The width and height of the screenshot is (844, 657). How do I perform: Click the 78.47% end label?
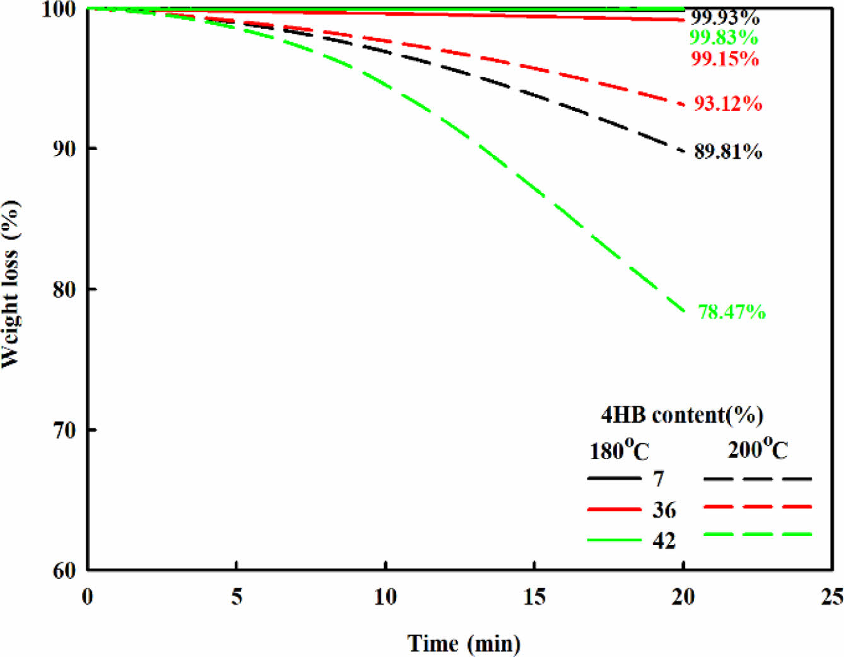coord(731,312)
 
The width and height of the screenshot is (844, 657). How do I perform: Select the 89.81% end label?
coord(728,152)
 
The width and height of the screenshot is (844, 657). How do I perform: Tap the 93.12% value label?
coord(728,103)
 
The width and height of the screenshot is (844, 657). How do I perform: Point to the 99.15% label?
coord(725,59)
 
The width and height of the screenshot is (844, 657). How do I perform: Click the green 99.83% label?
coord(724,38)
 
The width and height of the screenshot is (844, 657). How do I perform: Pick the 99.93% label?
coord(725,18)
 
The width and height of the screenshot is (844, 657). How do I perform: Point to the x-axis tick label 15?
coord(535,597)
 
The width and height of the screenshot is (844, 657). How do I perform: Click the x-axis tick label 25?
coord(832,597)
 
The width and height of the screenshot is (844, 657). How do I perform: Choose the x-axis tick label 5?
coord(236,597)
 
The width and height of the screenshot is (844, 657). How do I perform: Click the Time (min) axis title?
coord(465,643)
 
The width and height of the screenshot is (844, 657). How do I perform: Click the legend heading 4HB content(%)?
coord(682,415)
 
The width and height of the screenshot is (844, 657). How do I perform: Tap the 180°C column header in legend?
coord(619,450)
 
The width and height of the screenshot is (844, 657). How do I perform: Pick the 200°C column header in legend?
coord(758,448)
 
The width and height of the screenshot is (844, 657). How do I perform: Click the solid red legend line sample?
coord(614,509)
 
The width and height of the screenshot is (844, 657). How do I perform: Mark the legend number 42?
coord(664,540)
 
